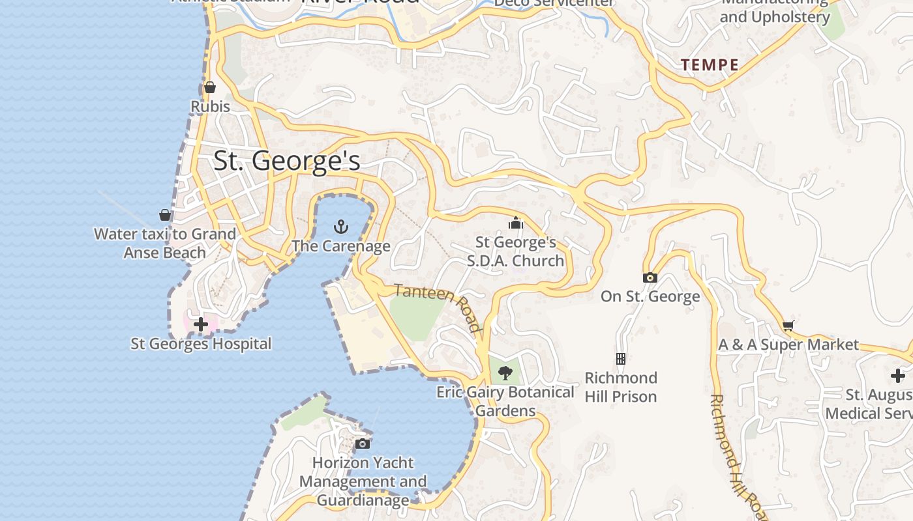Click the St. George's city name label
287,161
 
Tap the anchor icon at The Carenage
340,227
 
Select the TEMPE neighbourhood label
710,65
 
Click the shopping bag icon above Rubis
210,87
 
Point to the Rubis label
210,106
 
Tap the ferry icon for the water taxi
165,214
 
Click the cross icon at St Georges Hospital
201,324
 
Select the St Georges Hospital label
201,343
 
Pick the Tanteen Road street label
438,306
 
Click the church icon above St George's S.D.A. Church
516,223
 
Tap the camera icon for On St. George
650,277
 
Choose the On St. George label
650,296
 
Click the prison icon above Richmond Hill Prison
621,358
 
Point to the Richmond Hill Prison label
621,387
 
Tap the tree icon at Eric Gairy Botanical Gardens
505,373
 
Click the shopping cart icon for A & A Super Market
788,326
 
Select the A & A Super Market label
788,345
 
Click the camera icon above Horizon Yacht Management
363,444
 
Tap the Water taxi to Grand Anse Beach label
165,243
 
